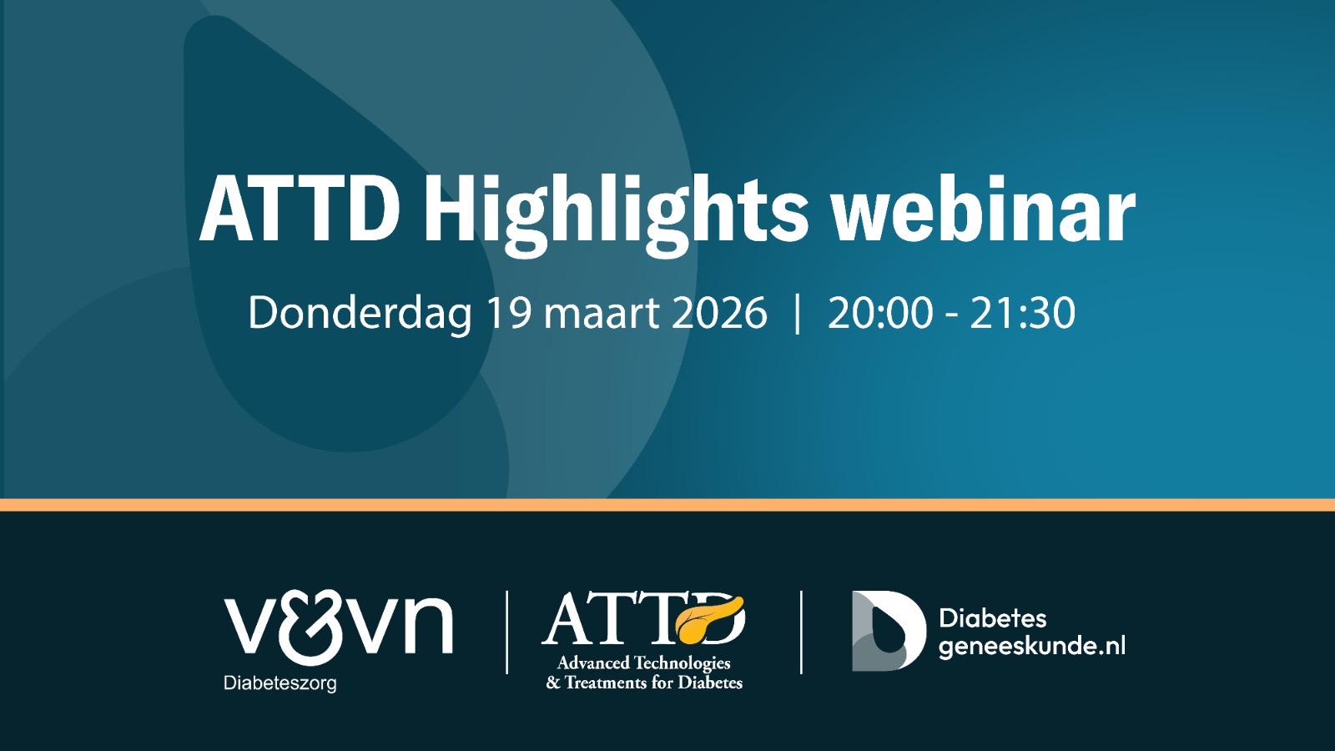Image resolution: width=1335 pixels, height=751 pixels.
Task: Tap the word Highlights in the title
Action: coord(615,214)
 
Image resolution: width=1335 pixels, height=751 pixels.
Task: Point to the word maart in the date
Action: coord(602,314)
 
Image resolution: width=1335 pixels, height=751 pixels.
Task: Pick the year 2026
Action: coord(719,312)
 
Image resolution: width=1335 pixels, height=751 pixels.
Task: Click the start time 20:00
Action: coord(879,312)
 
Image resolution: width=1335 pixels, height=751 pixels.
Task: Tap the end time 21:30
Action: coord(1023,312)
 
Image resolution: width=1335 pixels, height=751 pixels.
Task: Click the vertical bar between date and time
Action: coord(798,314)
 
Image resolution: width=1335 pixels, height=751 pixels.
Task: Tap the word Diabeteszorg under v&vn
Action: coord(280,683)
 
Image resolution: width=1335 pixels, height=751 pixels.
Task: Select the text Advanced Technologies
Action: coord(643,663)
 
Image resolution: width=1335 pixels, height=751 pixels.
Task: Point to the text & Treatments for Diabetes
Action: coord(644,683)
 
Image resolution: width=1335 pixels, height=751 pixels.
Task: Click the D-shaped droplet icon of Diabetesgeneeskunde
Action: coord(889,631)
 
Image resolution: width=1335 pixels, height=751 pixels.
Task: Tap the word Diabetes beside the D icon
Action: coord(992,618)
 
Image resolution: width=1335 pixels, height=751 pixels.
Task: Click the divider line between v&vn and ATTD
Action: coord(506,633)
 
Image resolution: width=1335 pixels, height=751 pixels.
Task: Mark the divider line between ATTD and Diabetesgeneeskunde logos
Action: coord(801,633)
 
